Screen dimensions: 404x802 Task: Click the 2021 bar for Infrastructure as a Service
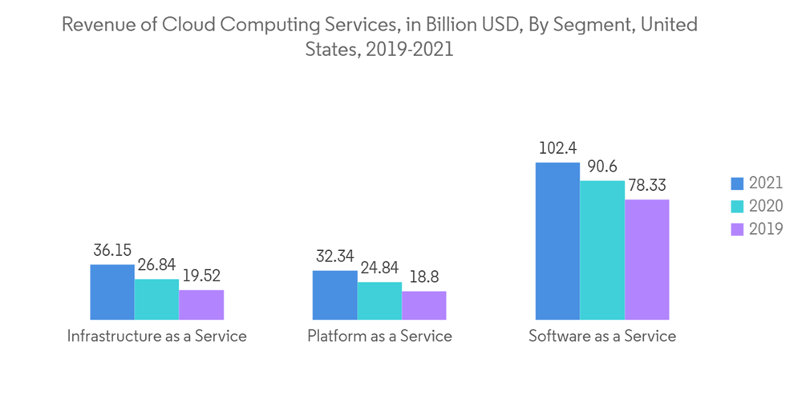(x=112, y=292)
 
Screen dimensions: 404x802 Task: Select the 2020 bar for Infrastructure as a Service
(x=156, y=299)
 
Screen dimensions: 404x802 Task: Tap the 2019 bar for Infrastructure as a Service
(x=201, y=305)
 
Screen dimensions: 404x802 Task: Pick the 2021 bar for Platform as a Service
(x=334, y=295)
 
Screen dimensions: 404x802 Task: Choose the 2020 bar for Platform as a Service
(x=379, y=301)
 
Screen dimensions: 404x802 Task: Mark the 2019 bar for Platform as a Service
(x=423, y=305)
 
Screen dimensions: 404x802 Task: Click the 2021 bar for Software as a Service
(x=557, y=240)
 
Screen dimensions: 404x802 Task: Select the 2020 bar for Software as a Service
(x=601, y=250)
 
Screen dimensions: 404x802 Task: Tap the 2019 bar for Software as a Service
(x=646, y=260)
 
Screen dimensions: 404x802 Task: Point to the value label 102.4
(x=557, y=148)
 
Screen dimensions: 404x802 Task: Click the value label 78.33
(x=646, y=185)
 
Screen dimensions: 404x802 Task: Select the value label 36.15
(x=112, y=250)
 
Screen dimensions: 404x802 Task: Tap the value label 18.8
(x=423, y=277)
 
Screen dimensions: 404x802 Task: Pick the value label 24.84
(x=379, y=268)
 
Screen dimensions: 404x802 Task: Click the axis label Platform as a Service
(x=379, y=337)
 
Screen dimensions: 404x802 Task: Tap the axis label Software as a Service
(x=602, y=337)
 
